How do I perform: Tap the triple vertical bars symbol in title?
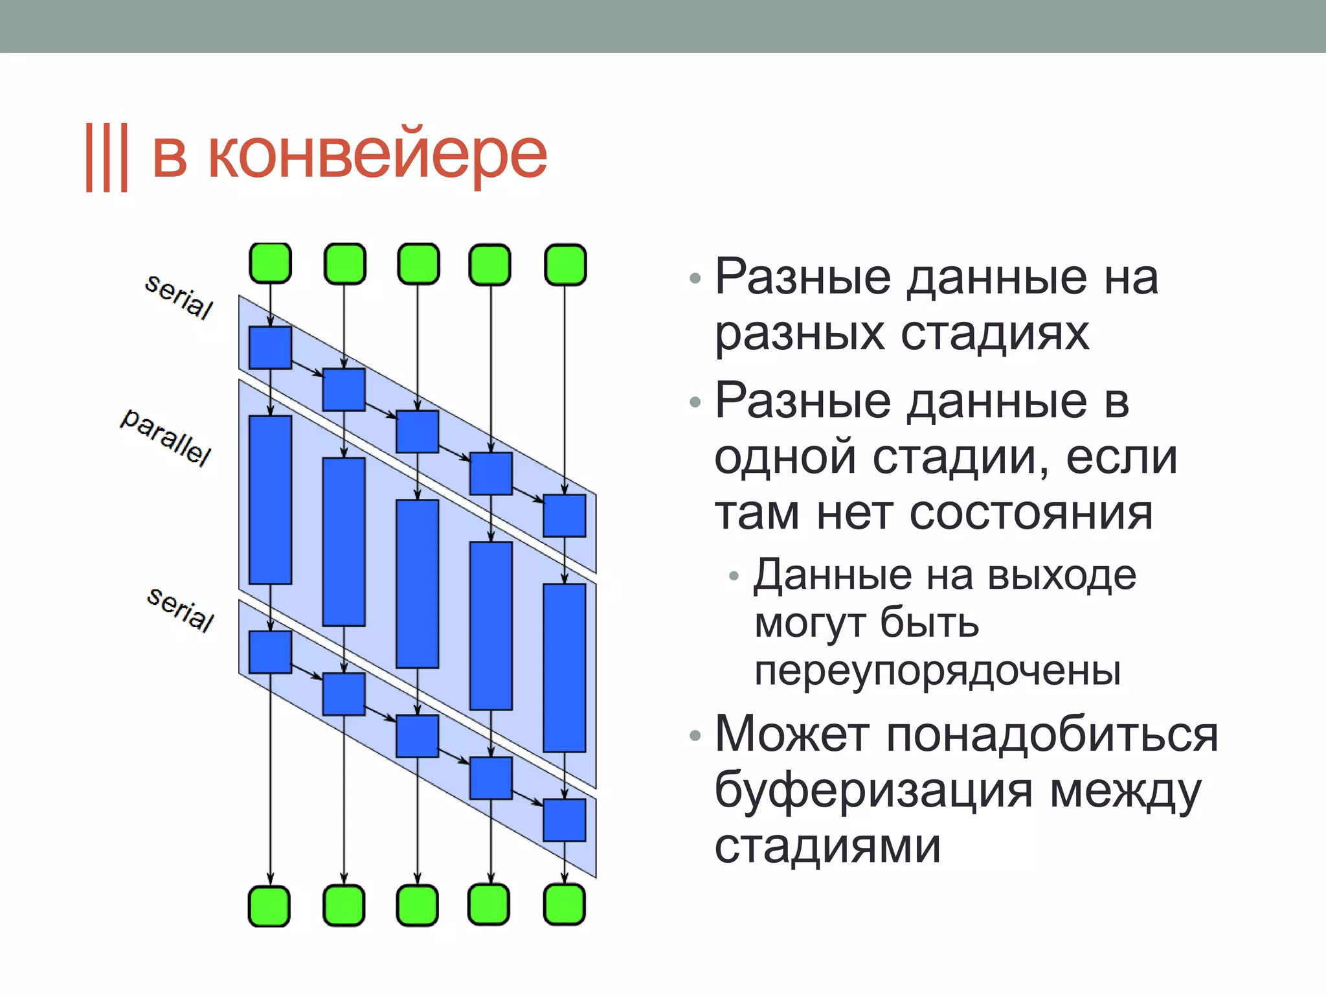(107, 157)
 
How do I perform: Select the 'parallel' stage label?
(166, 437)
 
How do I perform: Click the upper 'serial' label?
(179, 296)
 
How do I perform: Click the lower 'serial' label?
(180, 609)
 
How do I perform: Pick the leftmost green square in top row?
(270, 264)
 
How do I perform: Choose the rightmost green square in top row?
(565, 264)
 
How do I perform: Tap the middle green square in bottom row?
(417, 905)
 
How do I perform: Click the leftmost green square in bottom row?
(269, 906)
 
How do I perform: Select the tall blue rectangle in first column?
(270, 499)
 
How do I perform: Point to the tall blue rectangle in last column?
(565, 667)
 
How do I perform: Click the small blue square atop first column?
(270, 348)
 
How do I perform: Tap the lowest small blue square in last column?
(565, 820)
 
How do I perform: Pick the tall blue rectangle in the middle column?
(417, 584)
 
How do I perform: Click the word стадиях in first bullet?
(994, 334)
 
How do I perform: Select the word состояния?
(1031, 513)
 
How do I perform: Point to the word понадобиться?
(1052, 735)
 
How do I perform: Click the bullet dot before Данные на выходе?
(734, 575)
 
